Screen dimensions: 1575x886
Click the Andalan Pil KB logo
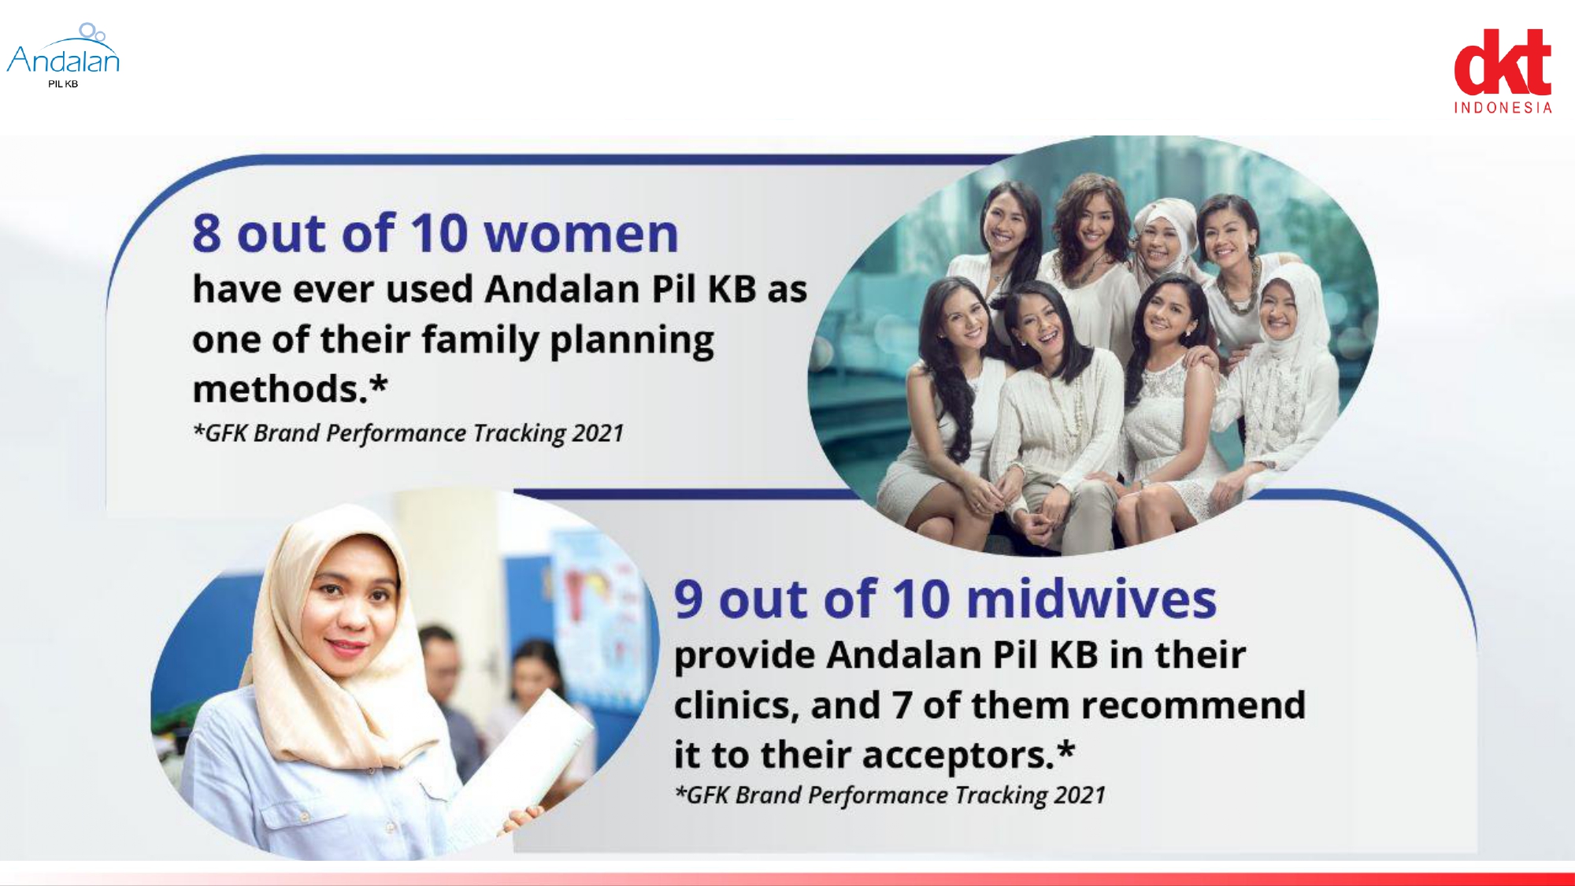[x=63, y=56]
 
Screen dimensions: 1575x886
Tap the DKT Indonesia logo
[x=1503, y=72]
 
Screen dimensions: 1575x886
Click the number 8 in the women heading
[x=206, y=234]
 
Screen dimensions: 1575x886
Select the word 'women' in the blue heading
[x=580, y=234]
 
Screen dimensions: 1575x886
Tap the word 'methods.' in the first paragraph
[x=281, y=389]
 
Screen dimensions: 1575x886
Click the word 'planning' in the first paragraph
[x=632, y=341]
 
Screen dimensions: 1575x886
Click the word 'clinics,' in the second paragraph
[x=736, y=706]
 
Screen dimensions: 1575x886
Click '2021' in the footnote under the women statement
[x=598, y=433]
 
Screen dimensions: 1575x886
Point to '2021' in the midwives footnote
[x=1080, y=795]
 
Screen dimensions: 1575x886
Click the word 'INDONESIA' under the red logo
[x=1503, y=108]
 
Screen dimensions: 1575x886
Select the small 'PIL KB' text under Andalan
[x=63, y=84]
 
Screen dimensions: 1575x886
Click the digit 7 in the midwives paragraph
[x=902, y=706]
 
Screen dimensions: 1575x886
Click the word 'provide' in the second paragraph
[x=744, y=656]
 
